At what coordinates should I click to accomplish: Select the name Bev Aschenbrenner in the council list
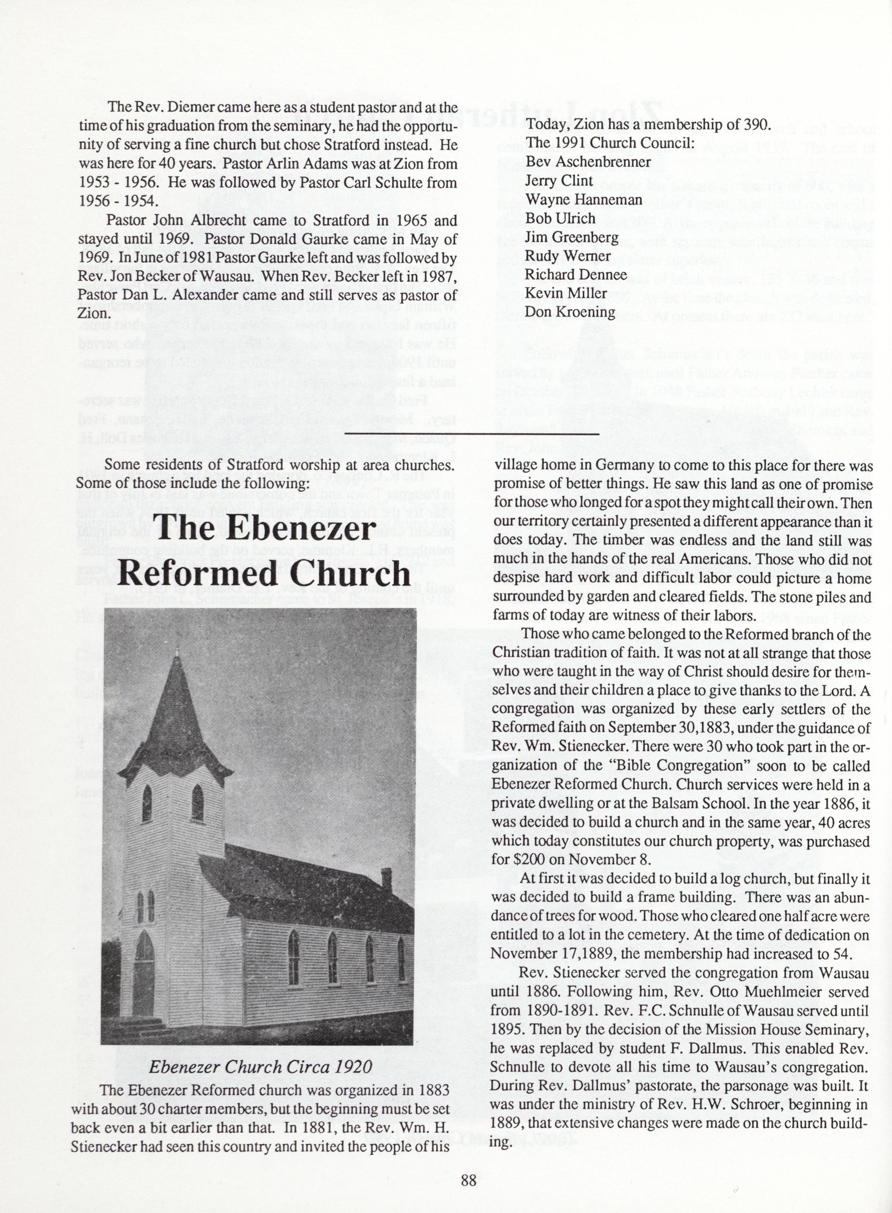point(588,161)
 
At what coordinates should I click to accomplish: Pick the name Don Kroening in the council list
point(570,312)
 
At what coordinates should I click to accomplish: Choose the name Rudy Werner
point(568,256)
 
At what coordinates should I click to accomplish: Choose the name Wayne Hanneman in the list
point(584,199)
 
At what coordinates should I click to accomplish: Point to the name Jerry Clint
point(559,180)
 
